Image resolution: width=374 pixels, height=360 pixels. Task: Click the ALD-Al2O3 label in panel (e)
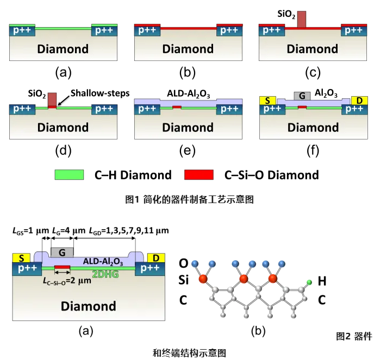(185, 92)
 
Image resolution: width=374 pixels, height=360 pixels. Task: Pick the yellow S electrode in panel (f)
(267, 100)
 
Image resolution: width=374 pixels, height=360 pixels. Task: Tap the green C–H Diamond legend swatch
(69, 174)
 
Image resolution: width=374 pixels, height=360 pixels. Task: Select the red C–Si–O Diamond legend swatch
(200, 174)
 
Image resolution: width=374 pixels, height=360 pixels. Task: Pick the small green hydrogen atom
(308, 282)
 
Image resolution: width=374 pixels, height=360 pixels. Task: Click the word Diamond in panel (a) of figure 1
(63, 49)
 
